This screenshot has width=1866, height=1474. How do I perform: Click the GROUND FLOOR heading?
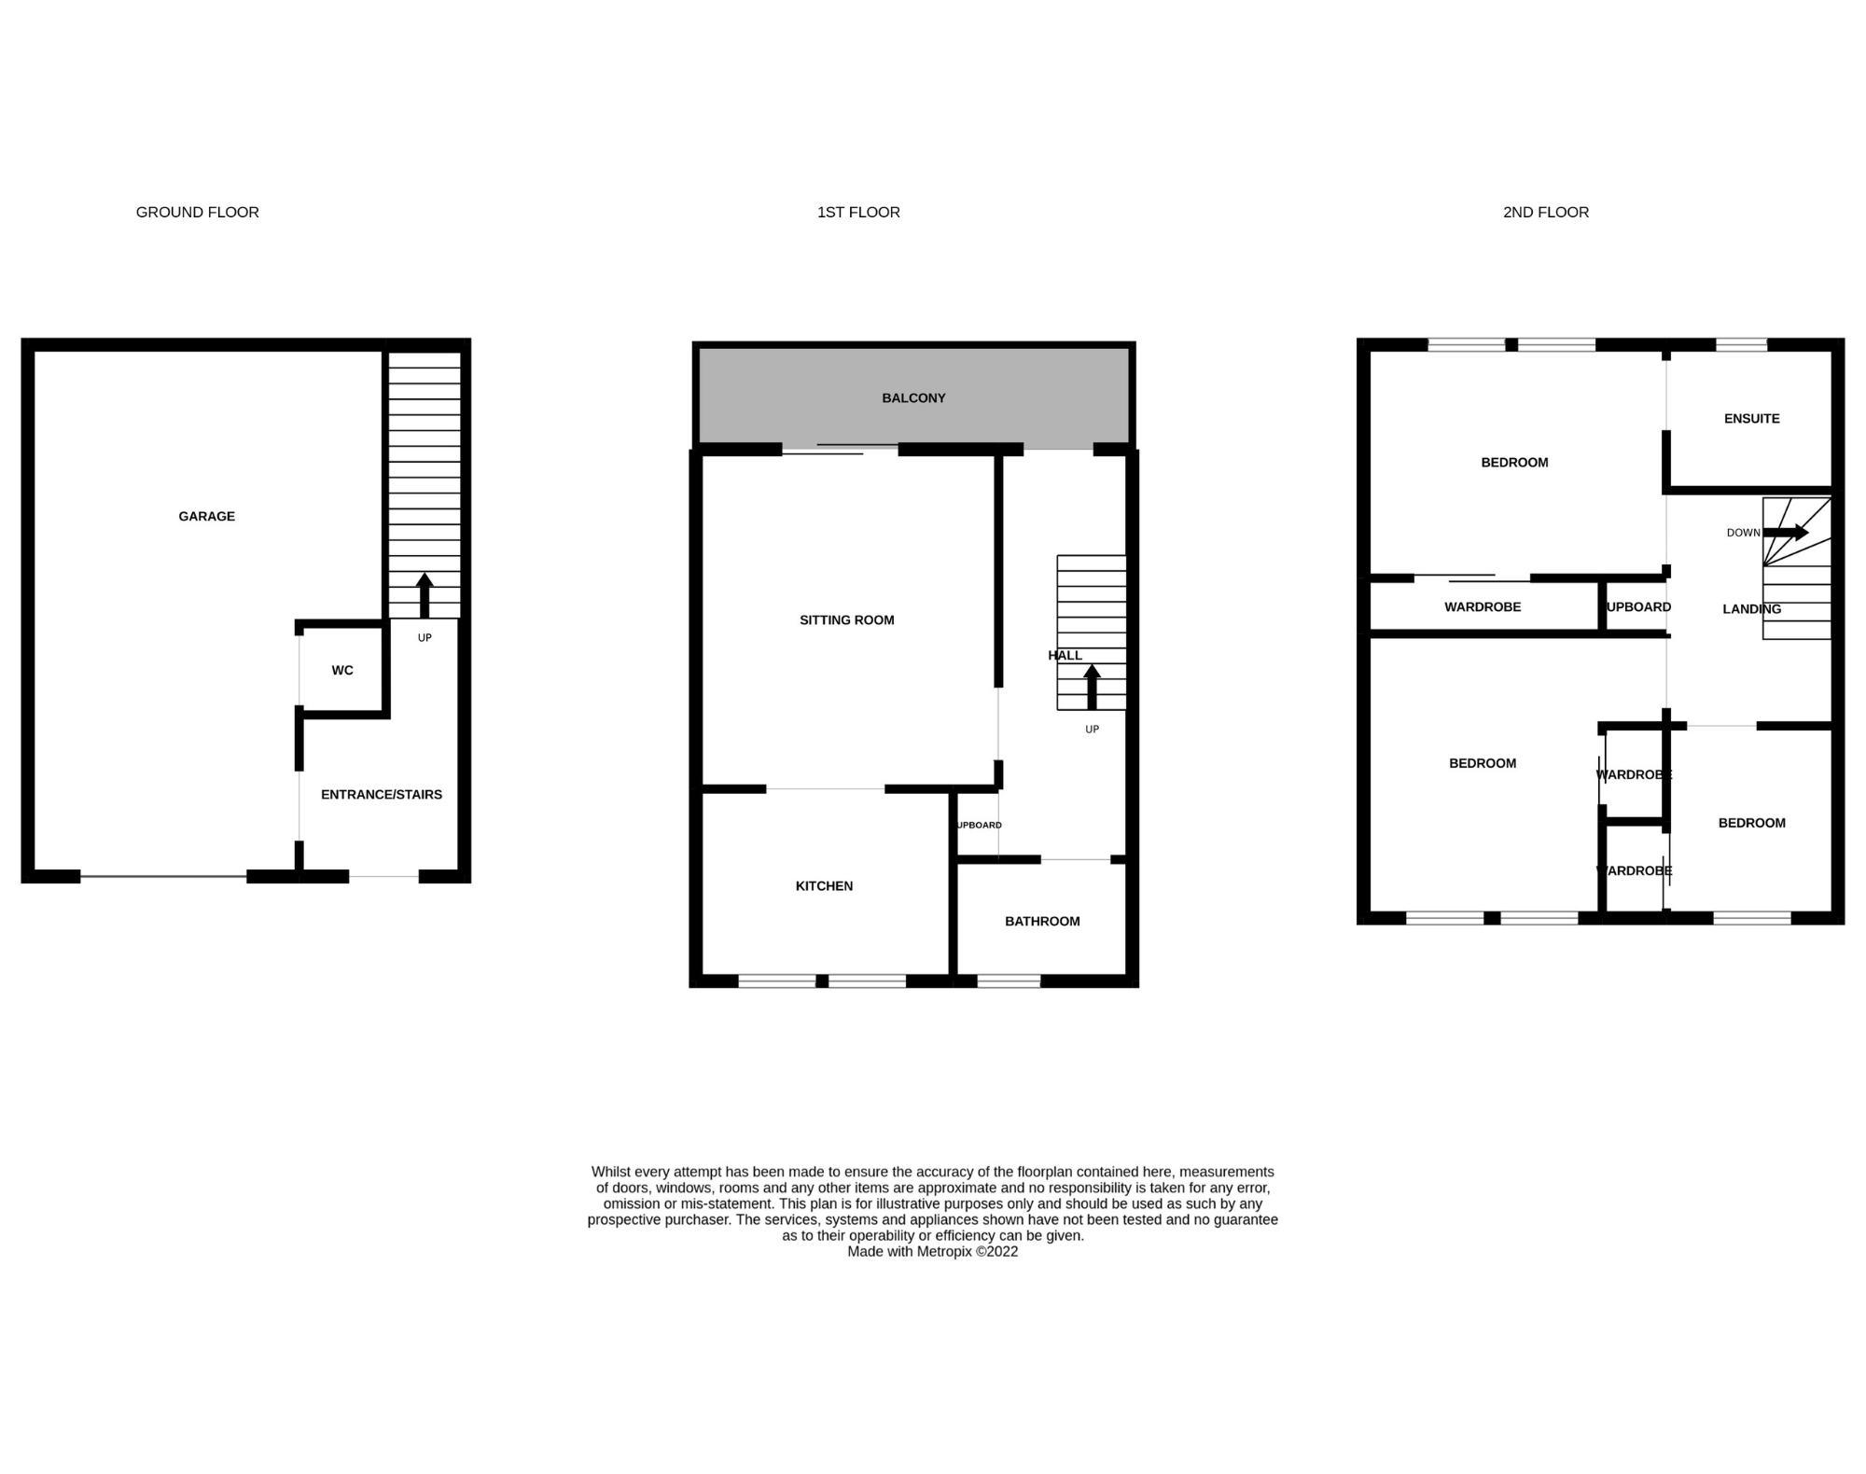tap(197, 212)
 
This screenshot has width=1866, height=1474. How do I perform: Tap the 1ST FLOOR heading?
tap(857, 212)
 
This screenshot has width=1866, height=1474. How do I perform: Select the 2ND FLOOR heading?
tap(1545, 212)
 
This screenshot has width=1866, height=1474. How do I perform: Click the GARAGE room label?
tap(206, 516)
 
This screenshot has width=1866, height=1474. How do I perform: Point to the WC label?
tap(342, 670)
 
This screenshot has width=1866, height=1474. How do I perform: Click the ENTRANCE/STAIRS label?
tap(381, 794)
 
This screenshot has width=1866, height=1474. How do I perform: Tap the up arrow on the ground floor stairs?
tap(425, 594)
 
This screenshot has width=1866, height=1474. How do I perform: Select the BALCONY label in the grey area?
tap(913, 397)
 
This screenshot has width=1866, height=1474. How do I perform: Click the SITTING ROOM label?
tap(846, 619)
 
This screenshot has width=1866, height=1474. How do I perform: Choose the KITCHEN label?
tap(824, 885)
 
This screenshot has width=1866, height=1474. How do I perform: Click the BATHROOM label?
tap(1042, 921)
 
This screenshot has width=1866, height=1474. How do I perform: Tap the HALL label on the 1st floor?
tap(1065, 655)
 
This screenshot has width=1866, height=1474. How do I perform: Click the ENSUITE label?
tap(1751, 418)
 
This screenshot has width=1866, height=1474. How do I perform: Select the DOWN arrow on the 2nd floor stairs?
tap(1786, 533)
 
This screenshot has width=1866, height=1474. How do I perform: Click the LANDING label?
tap(1751, 608)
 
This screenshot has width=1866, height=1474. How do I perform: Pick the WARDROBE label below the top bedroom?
tap(1483, 606)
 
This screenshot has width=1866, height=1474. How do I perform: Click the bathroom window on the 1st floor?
tap(1009, 980)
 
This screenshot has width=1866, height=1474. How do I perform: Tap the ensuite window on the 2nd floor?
tap(1741, 345)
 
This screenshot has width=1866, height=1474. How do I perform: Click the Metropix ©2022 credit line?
tap(932, 1252)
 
